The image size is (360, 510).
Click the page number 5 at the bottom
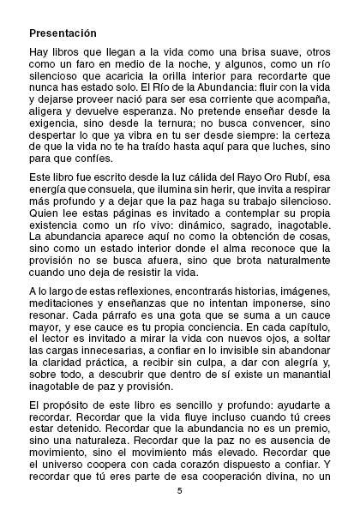pos(180,491)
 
